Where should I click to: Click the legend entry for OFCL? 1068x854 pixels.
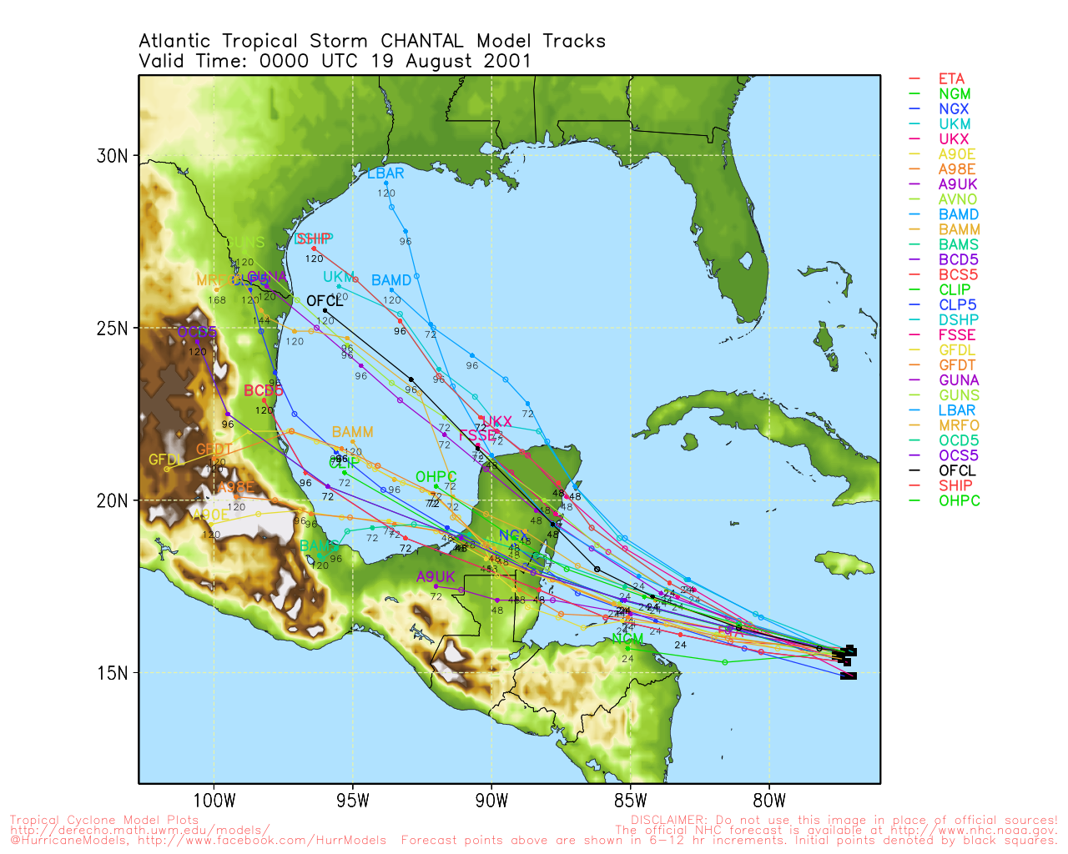(x=956, y=470)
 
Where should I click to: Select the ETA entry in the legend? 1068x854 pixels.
(x=951, y=79)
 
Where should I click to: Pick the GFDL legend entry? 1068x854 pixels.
(x=956, y=350)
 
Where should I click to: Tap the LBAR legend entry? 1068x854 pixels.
(x=956, y=410)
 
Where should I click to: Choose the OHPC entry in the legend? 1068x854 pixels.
(x=959, y=500)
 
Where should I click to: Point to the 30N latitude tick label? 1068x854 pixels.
(x=112, y=156)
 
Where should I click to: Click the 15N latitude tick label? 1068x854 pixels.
(x=112, y=673)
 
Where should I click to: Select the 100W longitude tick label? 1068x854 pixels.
(x=214, y=801)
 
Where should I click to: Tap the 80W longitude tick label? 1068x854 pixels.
(x=769, y=801)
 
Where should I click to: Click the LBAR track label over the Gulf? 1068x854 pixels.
(x=385, y=173)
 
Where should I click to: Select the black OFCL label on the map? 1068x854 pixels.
(x=325, y=301)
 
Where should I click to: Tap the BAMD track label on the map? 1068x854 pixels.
(x=391, y=280)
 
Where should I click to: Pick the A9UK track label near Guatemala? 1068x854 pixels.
(x=436, y=577)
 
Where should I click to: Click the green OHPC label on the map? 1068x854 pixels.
(x=436, y=477)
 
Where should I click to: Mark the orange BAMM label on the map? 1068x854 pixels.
(x=352, y=432)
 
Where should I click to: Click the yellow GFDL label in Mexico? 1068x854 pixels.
(x=166, y=460)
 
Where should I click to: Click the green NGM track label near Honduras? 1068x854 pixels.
(x=627, y=639)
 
